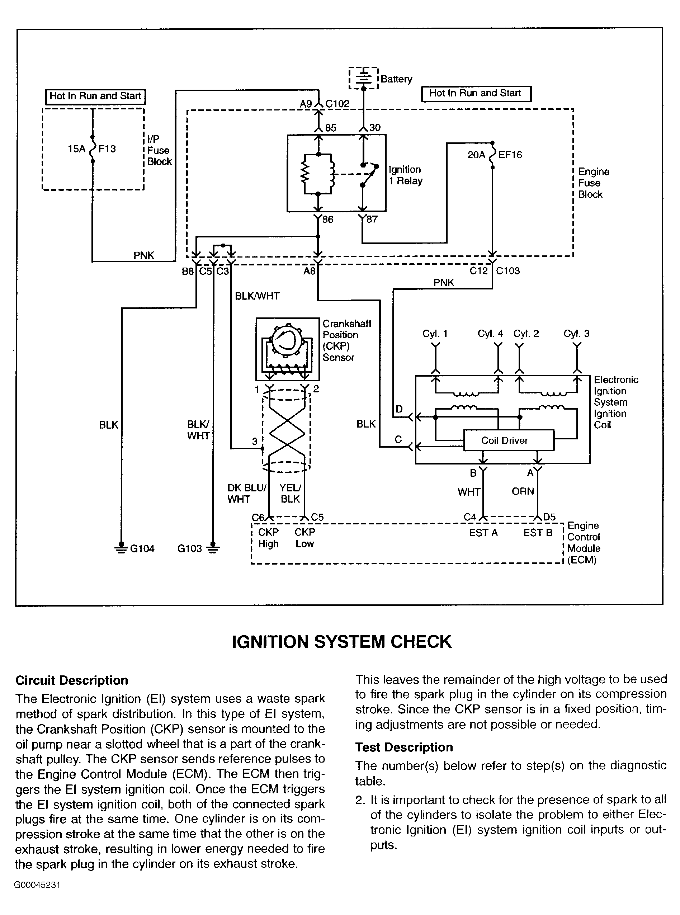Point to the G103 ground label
coord(190,549)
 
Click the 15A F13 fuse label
coord(92,148)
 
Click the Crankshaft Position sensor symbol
coord(287,349)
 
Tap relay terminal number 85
coord(331,128)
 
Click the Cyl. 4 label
coord(490,334)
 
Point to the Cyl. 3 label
coord(576,334)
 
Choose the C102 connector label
coord(337,104)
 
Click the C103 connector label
coord(508,271)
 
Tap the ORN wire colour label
coord(523,491)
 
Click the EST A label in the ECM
coord(483,533)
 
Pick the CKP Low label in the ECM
coord(304,538)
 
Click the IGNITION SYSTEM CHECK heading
coord(342,642)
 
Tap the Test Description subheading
coord(404,747)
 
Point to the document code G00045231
coord(37,885)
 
